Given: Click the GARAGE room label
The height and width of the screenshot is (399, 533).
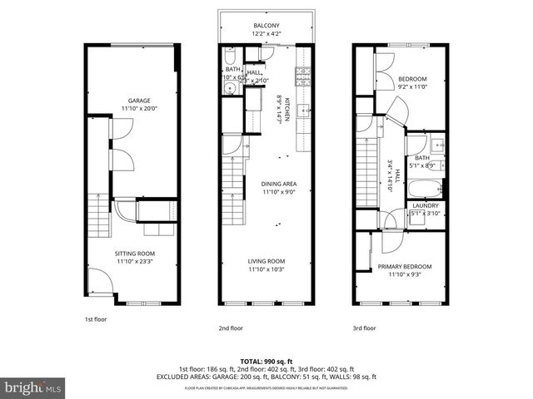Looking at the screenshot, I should coord(133,100).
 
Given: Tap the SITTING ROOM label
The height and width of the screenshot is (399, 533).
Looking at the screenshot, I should coord(133,254).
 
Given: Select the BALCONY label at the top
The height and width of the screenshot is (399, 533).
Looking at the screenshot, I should coord(266,26).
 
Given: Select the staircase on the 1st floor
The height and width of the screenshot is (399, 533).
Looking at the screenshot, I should coord(98,218).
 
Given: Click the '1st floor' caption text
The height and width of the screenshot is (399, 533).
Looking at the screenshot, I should coord(96,318).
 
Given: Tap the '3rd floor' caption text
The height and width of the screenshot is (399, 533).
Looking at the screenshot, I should coord(364,328).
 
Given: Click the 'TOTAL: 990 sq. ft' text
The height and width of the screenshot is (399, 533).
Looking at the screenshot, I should coord(266,362).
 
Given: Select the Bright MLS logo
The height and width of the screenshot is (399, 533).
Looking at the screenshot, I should coord(33,387).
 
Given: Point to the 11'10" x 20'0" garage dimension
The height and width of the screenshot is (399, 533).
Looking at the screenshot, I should coord(133,108).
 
